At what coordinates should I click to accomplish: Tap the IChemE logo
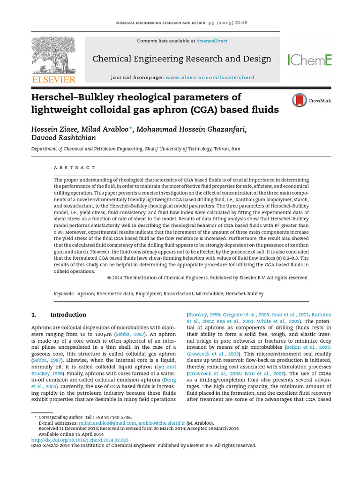309,60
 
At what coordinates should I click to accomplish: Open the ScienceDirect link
212,41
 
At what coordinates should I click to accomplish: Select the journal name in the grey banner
182,59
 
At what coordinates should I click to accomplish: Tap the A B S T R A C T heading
75,167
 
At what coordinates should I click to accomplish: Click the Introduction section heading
68,315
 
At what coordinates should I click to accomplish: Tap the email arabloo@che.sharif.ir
164,422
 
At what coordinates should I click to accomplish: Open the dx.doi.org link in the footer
80,440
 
